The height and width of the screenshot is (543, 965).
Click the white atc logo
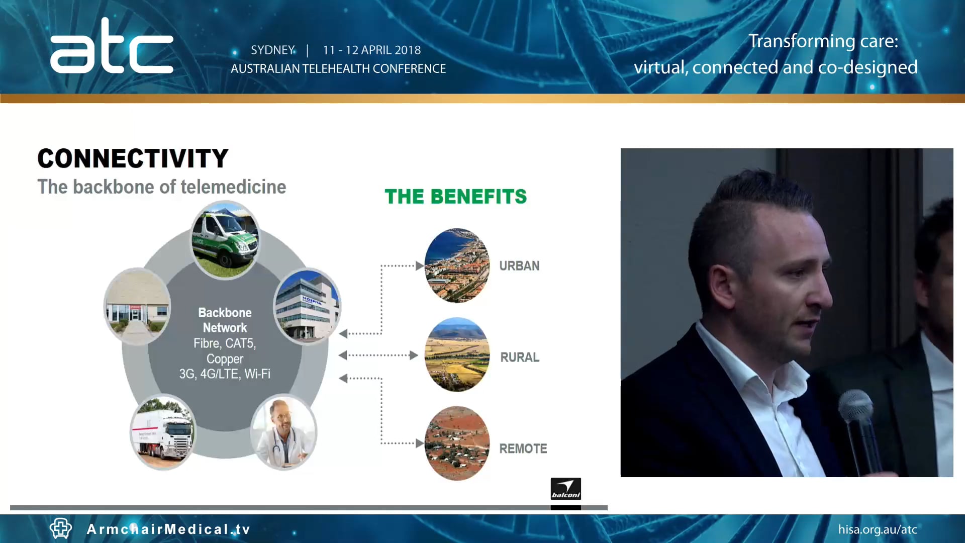112,46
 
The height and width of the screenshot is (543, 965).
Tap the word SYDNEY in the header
273,50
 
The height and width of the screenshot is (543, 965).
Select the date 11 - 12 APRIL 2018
372,50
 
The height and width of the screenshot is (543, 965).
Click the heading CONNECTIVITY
133,158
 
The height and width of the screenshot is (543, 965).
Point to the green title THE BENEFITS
456,197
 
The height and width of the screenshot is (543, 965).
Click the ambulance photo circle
226,240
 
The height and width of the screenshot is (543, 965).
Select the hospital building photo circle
307,306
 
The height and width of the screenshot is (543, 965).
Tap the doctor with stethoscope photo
284,432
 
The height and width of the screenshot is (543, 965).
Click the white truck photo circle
163,432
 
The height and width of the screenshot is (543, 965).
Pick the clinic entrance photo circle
137,306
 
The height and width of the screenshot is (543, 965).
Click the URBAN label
519,266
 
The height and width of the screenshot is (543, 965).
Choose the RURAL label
520,357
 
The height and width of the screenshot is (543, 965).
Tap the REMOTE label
523,448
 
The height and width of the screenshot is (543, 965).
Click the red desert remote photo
457,443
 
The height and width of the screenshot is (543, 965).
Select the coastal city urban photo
457,265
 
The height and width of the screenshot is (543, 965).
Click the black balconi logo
566,489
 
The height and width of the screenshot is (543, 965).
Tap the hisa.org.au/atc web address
878,529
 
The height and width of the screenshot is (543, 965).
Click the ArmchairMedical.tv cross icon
61,528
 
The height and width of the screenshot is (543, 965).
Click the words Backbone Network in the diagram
225,320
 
